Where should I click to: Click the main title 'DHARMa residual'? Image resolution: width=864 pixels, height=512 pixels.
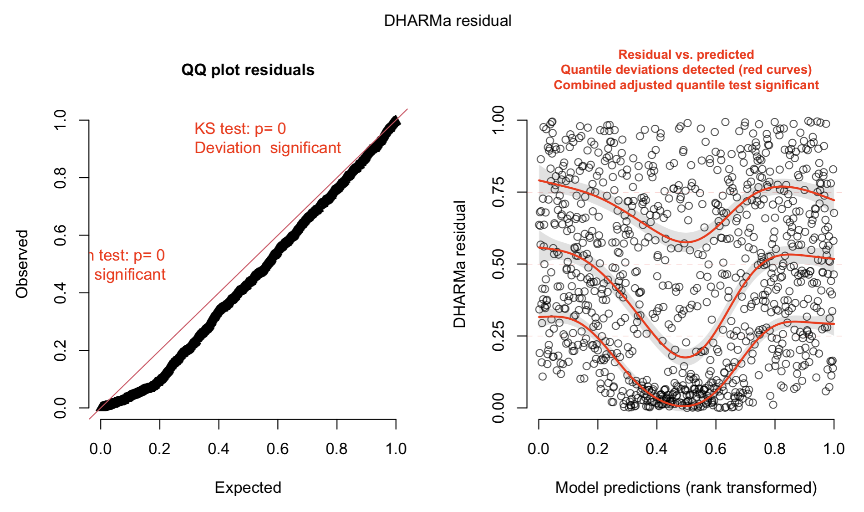tap(447, 21)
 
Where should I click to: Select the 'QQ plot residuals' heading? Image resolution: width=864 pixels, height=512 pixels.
tap(248, 70)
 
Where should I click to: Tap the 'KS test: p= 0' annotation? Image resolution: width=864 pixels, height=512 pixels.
tap(240, 129)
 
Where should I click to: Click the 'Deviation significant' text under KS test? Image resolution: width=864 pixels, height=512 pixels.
tap(267, 148)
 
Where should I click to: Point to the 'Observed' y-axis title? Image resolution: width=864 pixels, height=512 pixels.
tap(22, 264)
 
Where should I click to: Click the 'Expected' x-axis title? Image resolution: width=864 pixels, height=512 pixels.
tap(248, 487)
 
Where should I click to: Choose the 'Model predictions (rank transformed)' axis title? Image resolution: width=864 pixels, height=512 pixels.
tap(686, 487)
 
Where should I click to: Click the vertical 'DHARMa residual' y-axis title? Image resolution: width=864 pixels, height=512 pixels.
tap(460, 264)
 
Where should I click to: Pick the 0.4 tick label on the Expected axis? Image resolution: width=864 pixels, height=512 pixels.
tap(219, 449)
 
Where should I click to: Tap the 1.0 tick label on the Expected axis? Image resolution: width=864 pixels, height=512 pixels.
tap(396, 449)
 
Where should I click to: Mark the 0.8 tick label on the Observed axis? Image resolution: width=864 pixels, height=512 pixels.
tap(60, 178)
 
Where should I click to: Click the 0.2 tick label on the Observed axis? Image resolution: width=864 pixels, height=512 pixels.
tap(60, 350)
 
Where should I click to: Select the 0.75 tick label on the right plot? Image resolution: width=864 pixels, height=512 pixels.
tap(498, 192)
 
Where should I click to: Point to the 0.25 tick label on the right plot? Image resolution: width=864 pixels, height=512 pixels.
tap(498, 336)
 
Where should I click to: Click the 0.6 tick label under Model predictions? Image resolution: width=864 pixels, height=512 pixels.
tap(716, 449)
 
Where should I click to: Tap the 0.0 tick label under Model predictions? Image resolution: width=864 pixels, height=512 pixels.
tap(539, 449)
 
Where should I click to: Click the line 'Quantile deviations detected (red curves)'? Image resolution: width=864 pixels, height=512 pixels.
tap(686, 70)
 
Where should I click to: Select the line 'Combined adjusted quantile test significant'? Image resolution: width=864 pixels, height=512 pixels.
tap(686, 85)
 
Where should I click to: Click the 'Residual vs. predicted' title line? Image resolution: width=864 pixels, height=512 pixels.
tap(686, 55)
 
